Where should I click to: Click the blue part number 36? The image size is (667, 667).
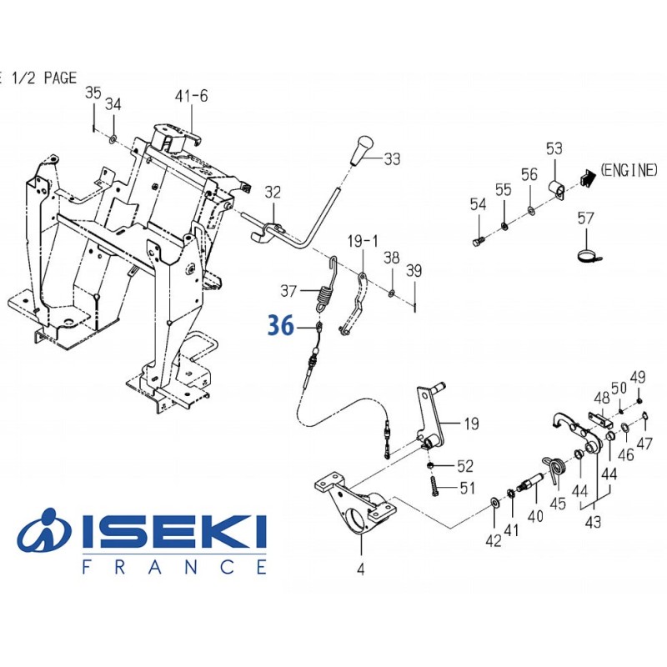pos(280,326)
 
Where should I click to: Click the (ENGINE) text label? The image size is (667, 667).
pos(629,170)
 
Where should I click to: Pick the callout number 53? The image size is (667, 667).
pos(554,148)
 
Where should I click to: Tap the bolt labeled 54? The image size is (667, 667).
pos(478,240)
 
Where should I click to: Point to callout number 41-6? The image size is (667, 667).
pos(191,96)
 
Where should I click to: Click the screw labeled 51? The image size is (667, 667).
pos(434,486)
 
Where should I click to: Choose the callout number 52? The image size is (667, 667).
pos(465,465)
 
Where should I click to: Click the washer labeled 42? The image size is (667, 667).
pos(494,502)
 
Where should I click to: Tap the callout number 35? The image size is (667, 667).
pos(93,92)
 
